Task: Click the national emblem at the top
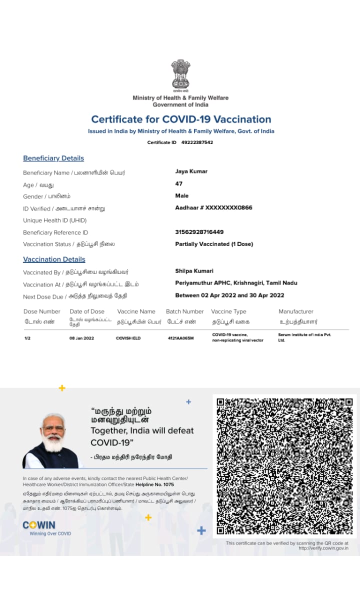(x=180, y=75)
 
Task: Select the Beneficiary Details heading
(x=53, y=158)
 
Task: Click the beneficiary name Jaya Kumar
(x=191, y=171)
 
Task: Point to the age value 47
(x=179, y=183)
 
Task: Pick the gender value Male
(x=182, y=195)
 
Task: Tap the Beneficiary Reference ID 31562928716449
(x=199, y=232)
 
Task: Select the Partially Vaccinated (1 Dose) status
(x=214, y=244)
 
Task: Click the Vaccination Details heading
(x=54, y=259)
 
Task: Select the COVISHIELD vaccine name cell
(x=128, y=338)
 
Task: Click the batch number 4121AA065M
(x=180, y=338)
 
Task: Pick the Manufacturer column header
(x=296, y=311)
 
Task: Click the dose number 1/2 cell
(x=27, y=338)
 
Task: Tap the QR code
(x=284, y=466)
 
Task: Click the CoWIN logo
(x=39, y=525)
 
